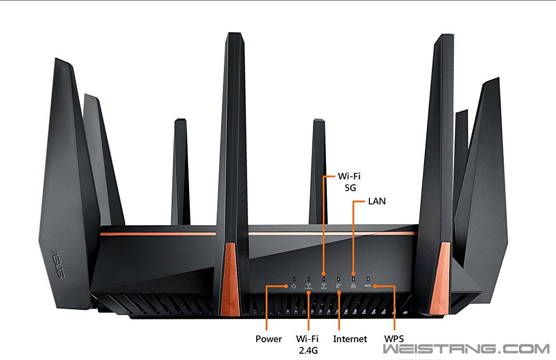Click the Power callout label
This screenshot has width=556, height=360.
(x=268, y=339)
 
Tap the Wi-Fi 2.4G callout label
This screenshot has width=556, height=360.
(x=308, y=344)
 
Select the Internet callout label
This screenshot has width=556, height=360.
(x=350, y=339)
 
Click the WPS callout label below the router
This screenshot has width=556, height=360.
(x=394, y=339)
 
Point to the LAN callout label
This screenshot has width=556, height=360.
(x=377, y=201)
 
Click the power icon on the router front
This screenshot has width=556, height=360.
(x=293, y=286)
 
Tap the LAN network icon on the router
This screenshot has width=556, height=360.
(x=353, y=286)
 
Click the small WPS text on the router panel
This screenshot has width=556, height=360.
(x=367, y=286)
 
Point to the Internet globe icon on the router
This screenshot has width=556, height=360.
(x=338, y=286)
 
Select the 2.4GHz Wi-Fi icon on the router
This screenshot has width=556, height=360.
(x=308, y=286)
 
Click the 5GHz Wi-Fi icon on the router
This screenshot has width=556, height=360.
(x=323, y=286)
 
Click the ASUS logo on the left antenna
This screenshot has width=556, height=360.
(x=58, y=263)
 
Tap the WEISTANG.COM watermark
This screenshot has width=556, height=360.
(x=466, y=349)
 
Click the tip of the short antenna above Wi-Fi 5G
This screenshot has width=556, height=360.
(x=319, y=121)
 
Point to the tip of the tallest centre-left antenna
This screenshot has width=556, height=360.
(x=234, y=35)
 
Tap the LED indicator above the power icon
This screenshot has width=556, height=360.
(x=293, y=278)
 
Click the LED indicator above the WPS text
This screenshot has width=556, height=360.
(x=368, y=278)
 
